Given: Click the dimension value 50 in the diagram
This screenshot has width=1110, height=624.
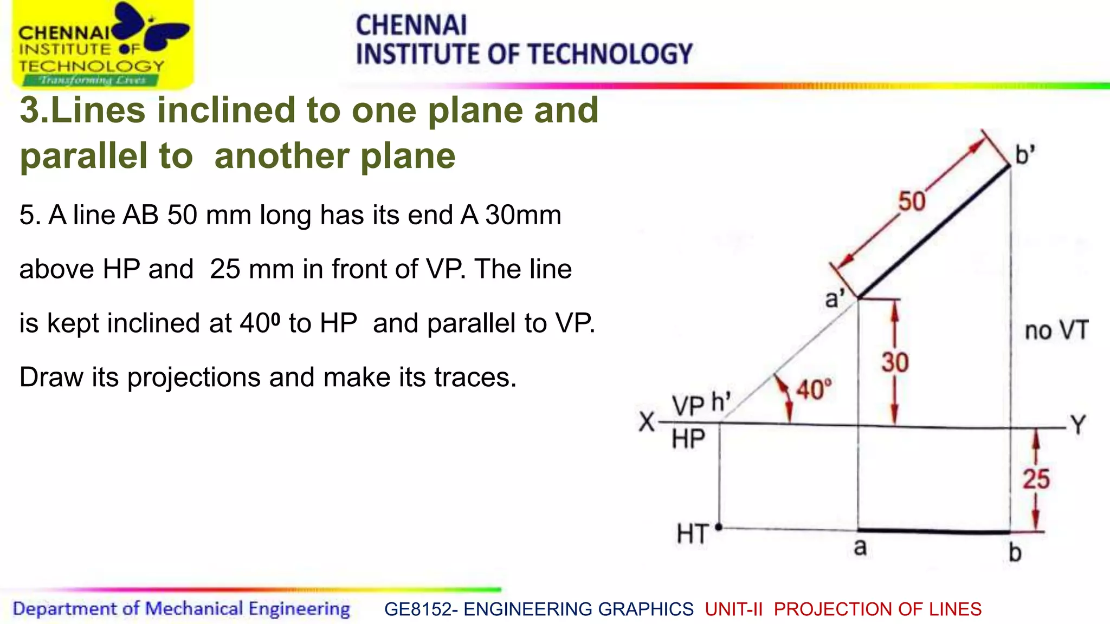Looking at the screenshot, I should (912, 201).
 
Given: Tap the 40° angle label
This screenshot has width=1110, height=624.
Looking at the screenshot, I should (814, 389).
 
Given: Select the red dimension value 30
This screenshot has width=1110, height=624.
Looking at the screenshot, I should (895, 362).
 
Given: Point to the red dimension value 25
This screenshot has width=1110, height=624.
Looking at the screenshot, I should (1036, 479).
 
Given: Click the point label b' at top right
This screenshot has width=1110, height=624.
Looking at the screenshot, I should (1025, 155).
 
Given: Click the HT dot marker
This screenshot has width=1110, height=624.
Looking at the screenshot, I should (719, 526).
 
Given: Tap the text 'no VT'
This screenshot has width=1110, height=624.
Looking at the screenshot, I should (1056, 330).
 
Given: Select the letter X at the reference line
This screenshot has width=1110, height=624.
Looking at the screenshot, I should (647, 422).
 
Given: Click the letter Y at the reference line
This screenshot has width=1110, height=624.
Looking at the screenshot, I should (1078, 424).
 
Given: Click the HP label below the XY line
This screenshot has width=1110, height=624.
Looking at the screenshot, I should (688, 439).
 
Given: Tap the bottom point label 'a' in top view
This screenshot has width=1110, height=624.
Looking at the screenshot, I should (860, 548).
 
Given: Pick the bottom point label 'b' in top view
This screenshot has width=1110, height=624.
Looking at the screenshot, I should (1015, 552).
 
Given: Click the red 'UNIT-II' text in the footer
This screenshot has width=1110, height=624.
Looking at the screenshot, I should (734, 609).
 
